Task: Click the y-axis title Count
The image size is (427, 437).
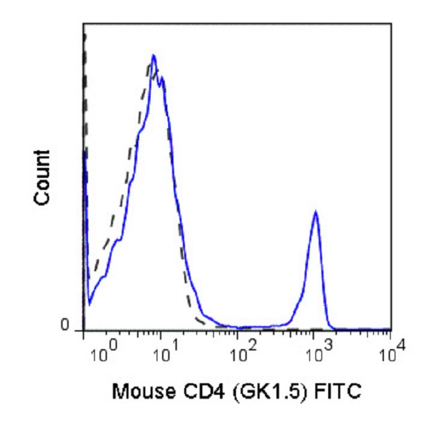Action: (x=42, y=177)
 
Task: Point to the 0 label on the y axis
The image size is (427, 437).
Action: (x=65, y=326)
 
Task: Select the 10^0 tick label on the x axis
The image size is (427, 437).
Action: (x=102, y=352)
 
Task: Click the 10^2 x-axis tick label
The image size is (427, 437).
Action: (x=237, y=352)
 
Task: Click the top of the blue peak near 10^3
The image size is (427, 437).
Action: (x=315, y=211)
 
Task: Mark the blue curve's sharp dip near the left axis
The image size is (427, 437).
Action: (x=89, y=303)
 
